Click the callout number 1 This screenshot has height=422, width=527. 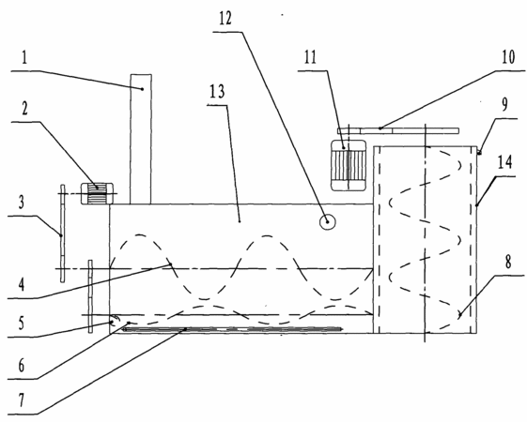[x=24, y=58]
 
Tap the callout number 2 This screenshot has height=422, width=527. [x=24, y=109]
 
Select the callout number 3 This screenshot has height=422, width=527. [x=22, y=203]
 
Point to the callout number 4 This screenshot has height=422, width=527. [x=22, y=284]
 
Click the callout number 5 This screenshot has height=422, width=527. [x=22, y=323]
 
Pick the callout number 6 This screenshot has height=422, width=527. [x=22, y=366]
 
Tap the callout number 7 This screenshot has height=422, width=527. [x=22, y=400]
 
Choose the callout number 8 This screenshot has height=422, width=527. [x=508, y=262]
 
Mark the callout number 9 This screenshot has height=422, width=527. [x=505, y=105]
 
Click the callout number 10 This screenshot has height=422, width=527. [x=508, y=57]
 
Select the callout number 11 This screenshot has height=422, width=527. [x=310, y=57]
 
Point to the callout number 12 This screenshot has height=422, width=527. [x=225, y=19]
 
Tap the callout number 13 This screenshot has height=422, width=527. [x=217, y=91]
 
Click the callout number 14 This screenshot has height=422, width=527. [x=504, y=162]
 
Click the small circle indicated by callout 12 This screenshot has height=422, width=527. [x=327, y=221]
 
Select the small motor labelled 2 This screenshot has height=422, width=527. [x=97, y=193]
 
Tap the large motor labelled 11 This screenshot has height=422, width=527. [x=349, y=165]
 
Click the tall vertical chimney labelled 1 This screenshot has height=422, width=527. [x=141, y=139]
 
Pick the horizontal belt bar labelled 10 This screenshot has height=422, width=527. [x=398, y=131]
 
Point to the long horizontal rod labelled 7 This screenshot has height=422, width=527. [x=233, y=329]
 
